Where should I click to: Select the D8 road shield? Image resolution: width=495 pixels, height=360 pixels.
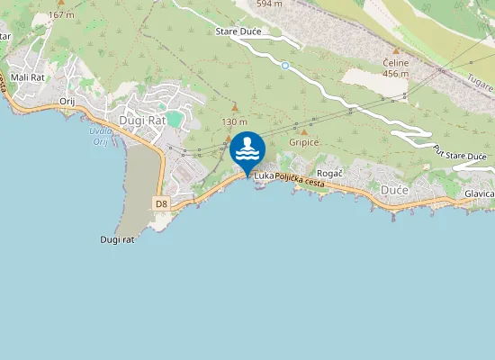coord(161,204)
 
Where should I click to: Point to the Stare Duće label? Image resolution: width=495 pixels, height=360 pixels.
coord(238,31)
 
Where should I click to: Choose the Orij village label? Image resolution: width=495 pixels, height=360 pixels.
coord(67,102)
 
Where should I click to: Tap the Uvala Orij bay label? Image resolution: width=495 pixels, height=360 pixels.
coord(101,137)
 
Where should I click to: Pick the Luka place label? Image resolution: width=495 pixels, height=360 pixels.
coord(263,175)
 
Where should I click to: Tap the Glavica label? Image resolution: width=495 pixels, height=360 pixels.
coord(479,193)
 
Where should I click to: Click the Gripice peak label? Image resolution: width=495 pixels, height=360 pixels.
coord(304,142)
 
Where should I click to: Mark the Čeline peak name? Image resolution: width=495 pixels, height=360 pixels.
coord(395,63)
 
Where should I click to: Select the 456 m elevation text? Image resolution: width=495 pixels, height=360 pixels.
coord(395,74)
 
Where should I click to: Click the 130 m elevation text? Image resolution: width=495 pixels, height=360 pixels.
coord(234,121)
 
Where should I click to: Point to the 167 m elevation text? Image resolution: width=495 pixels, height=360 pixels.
coord(61,15)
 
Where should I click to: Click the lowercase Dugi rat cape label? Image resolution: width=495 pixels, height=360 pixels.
coord(117,239)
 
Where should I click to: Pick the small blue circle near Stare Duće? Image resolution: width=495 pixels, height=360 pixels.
coord(285,65)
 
